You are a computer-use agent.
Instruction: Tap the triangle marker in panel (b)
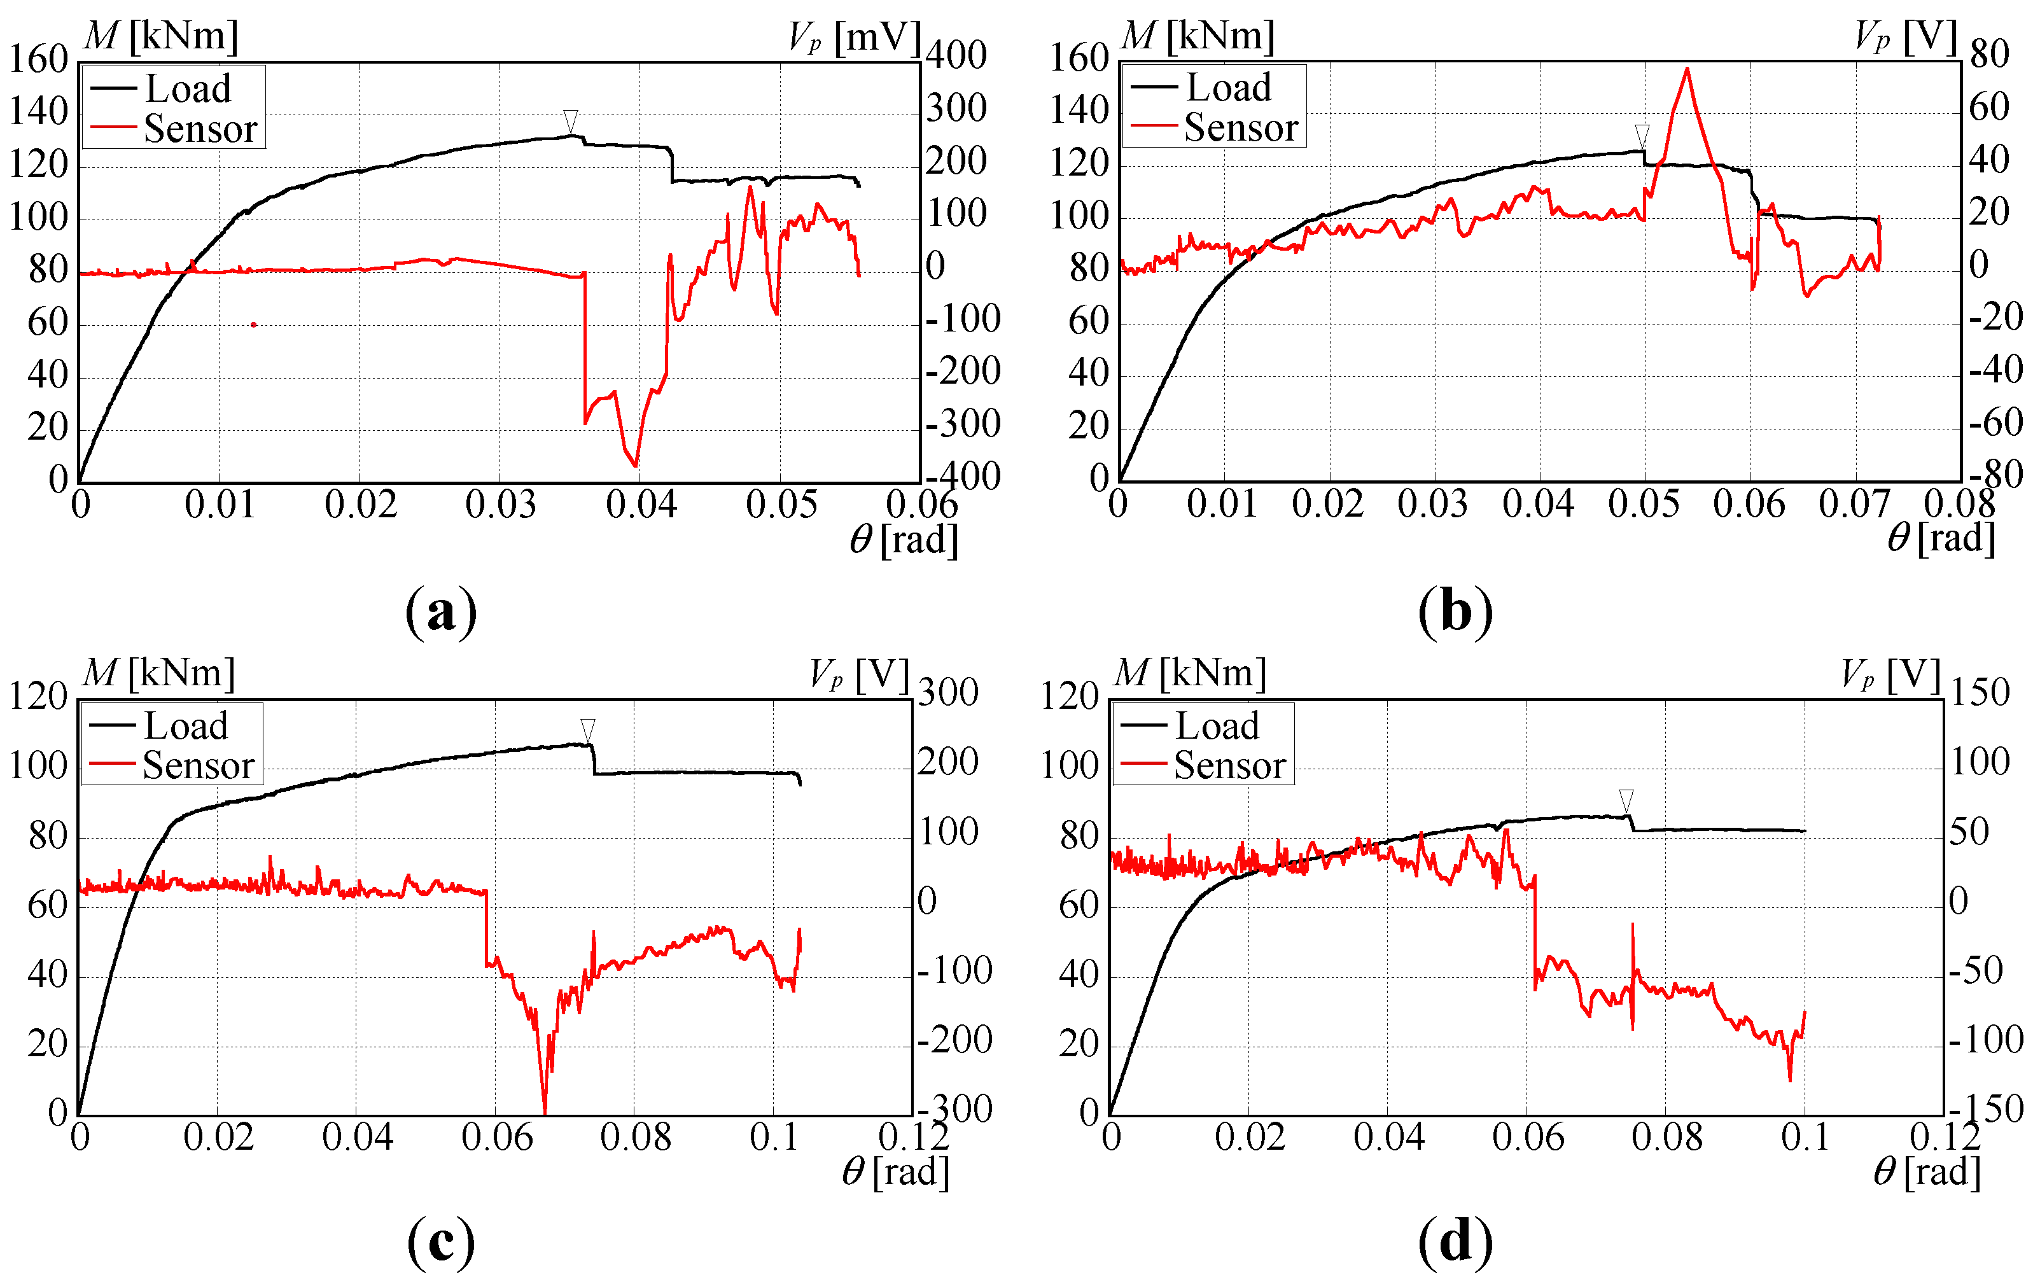coord(1642,135)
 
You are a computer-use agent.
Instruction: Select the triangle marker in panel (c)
coord(587,729)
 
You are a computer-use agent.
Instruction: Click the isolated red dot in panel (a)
coord(253,324)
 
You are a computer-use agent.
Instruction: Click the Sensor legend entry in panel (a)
coord(199,129)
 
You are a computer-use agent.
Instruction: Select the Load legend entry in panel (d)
coord(1217,726)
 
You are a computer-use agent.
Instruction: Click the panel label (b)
coord(1455,611)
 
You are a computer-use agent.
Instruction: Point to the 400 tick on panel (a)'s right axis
coord(956,56)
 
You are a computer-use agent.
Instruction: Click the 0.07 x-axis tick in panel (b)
coord(1854,505)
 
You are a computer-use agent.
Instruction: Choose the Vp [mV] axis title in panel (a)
coord(853,37)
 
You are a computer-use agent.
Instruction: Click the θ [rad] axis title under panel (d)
coord(1927,1172)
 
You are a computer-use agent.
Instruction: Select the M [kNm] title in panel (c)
coord(158,673)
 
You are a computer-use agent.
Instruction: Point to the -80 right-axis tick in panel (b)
coord(1996,475)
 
